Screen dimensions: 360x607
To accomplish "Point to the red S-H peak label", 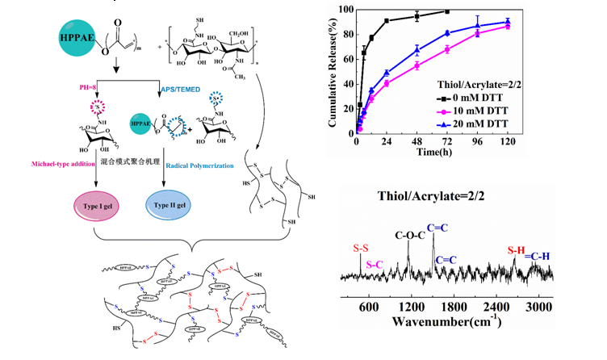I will coord(517,251).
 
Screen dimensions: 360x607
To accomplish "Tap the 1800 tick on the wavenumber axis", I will coord(456,308).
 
